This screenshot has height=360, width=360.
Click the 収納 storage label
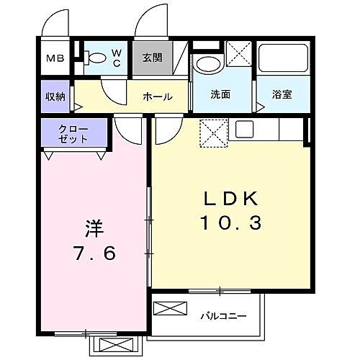[55, 96]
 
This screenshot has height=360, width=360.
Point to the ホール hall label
[157, 96]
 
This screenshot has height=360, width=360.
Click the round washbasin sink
[209, 63]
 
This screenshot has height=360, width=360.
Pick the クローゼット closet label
[73, 135]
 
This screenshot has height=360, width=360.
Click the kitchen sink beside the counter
[243, 130]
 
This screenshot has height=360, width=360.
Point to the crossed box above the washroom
[238, 54]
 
